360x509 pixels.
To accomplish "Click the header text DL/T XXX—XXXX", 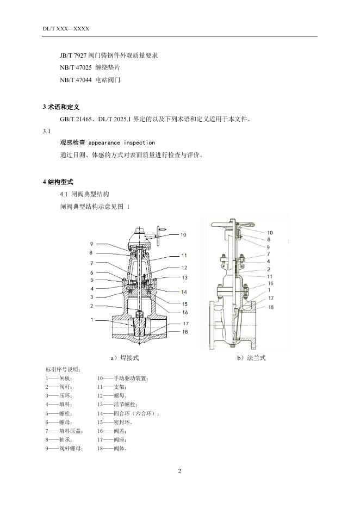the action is [66, 28].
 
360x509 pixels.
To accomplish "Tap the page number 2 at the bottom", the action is [179, 470].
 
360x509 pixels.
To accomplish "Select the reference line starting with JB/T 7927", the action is [109, 55].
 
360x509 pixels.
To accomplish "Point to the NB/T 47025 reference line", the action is [90, 68].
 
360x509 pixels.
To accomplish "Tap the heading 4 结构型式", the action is [58, 181].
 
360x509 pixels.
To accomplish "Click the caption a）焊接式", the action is [125, 358].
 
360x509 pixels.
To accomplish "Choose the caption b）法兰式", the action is [251, 358].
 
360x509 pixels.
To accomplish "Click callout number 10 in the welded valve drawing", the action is [183, 235].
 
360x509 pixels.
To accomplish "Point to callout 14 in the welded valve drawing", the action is [184, 291].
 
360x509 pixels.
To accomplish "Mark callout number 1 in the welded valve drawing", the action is [92, 319].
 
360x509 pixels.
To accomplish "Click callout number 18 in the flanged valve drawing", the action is [270, 307].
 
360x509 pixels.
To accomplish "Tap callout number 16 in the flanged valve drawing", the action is [270, 283].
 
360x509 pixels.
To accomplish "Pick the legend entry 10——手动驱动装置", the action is [122, 378].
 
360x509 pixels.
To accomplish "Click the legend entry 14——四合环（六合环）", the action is [128, 413].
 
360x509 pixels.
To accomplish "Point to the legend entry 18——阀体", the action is [112, 449].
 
